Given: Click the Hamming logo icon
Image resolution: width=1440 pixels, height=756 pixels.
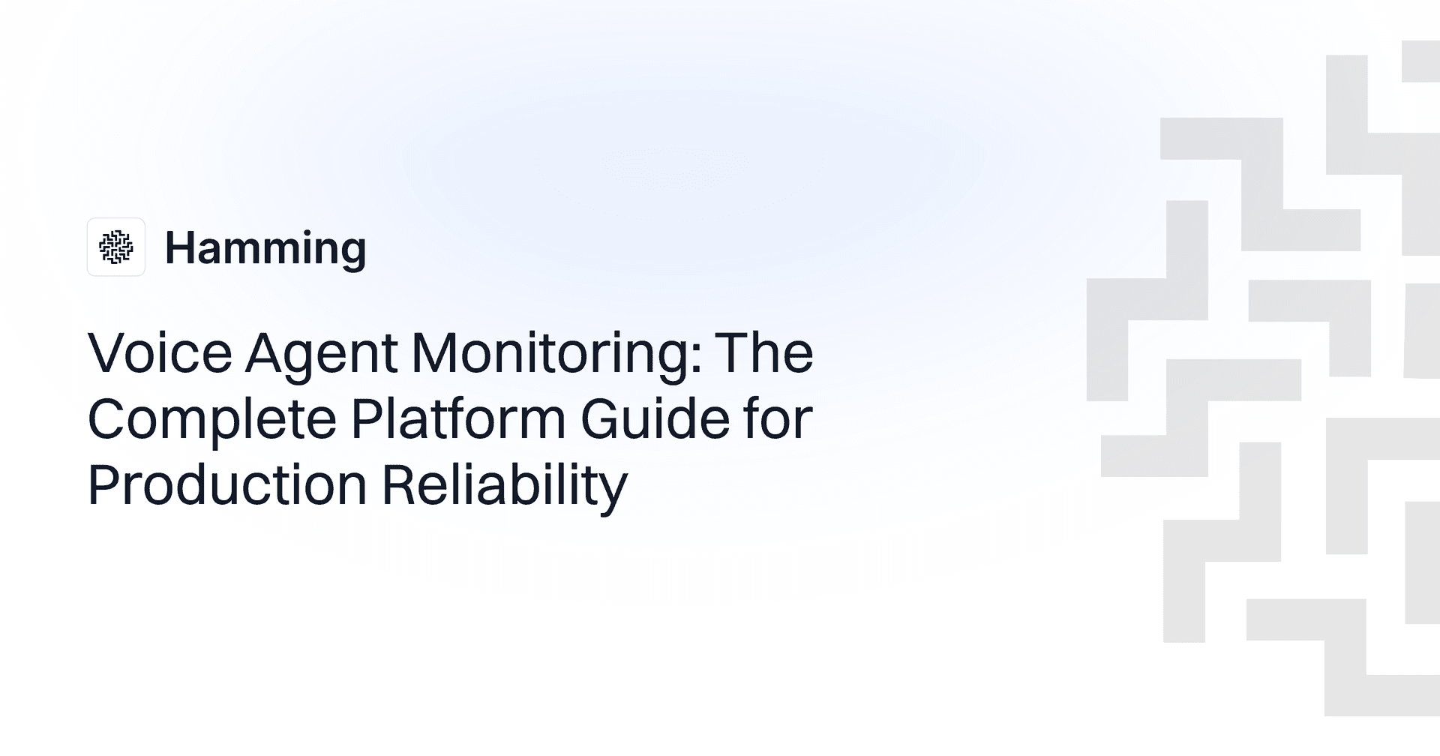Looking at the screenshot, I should [115, 247].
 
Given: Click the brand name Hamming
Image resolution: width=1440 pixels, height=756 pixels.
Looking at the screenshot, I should [265, 248].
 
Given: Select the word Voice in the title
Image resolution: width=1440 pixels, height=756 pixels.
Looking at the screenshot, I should [160, 352].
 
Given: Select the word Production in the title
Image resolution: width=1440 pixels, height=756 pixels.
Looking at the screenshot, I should [227, 484].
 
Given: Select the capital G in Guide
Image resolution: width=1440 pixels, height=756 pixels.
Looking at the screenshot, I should [602, 418].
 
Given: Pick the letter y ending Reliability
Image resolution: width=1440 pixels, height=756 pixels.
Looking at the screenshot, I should [613, 492].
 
